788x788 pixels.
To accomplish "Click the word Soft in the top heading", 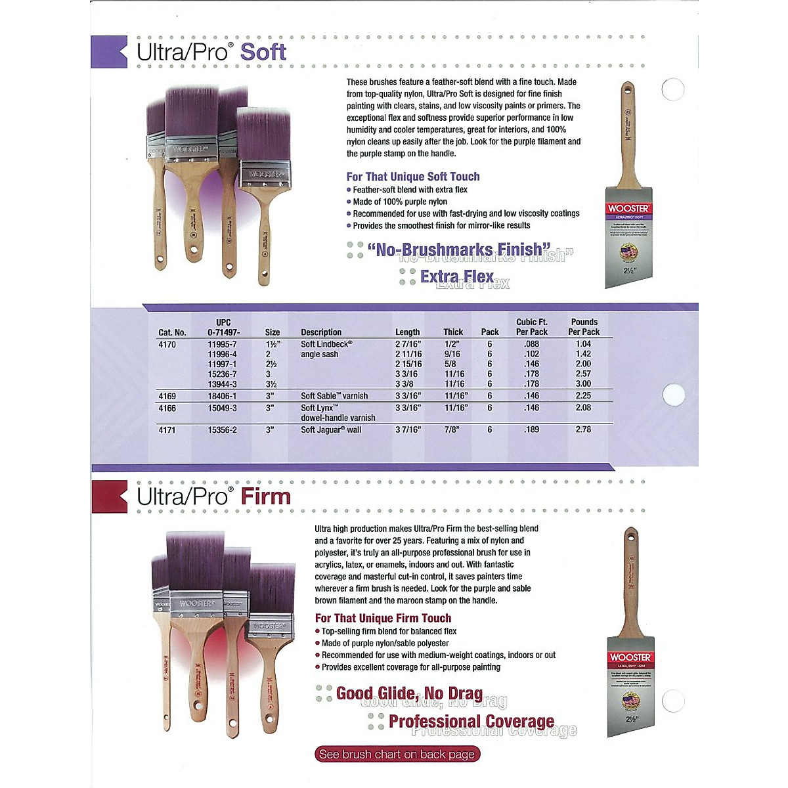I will [263, 52].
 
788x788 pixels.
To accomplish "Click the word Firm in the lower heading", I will [265, 496].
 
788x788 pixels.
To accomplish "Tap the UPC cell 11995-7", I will [222, 344].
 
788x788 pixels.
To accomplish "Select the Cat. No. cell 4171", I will [167, 430].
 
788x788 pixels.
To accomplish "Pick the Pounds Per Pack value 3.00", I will [583, 384].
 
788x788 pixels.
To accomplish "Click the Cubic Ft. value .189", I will [531, 430].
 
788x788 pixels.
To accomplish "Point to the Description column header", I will [321, 332].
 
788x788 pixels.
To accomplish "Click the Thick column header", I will [453, 332].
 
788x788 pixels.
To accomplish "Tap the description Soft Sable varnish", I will [334, 396].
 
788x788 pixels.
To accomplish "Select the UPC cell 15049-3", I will [222, 408].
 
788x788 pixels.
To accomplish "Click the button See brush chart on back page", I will [397, 755].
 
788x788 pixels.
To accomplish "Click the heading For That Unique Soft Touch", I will [413, 177].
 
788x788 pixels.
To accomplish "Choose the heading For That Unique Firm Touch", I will [383, 618].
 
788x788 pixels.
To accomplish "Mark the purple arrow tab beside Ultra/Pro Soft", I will [109, 52].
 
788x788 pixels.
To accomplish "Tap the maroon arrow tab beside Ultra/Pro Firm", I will [109, 496].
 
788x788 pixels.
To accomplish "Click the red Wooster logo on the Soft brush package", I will [628, 208].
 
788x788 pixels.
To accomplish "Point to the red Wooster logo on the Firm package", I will [630, 657].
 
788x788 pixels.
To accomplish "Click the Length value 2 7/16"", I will [408, 344].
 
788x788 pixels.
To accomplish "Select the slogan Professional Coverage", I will [471, 722].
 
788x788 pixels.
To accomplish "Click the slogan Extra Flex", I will [456, 276].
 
